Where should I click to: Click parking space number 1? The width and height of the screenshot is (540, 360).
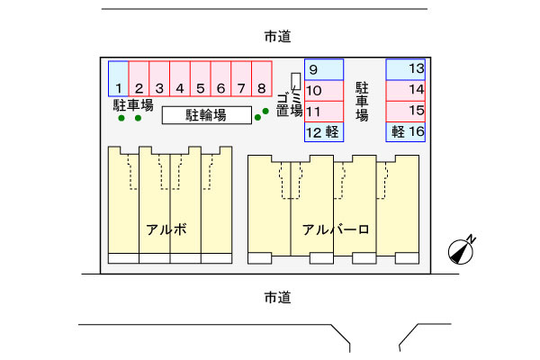click(119, 78)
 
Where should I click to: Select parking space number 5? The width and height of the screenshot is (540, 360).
click(201, 78)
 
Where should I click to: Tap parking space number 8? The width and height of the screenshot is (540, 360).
click(262, 78)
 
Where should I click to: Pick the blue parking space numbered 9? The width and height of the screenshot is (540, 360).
click(324, 69)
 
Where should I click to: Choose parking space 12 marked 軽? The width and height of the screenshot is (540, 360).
click(324, 132)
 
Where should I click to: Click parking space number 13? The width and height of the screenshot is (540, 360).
click(406, 69)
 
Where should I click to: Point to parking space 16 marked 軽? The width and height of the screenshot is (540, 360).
click(406, 132)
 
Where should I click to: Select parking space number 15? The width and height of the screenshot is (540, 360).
click(406, 112)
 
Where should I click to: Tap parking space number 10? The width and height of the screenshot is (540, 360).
click(324, 91)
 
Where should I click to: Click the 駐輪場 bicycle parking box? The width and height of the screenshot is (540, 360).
click(207, 115)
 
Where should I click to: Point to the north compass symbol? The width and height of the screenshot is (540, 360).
click(462, 250)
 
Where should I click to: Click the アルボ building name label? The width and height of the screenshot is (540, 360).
click(166, 229)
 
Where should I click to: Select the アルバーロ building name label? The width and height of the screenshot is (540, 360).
click(336, 229)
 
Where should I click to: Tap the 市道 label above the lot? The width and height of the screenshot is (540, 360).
click(277, 36)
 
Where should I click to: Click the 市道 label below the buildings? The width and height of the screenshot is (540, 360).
click(277, 297)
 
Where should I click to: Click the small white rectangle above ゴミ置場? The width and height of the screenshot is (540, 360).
click(296, 81)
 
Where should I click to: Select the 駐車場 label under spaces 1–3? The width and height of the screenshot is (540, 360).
click(133, 105)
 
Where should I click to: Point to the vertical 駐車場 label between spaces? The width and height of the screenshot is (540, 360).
click(362, 102)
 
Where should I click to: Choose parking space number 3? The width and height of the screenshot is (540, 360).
click(159, 78)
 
